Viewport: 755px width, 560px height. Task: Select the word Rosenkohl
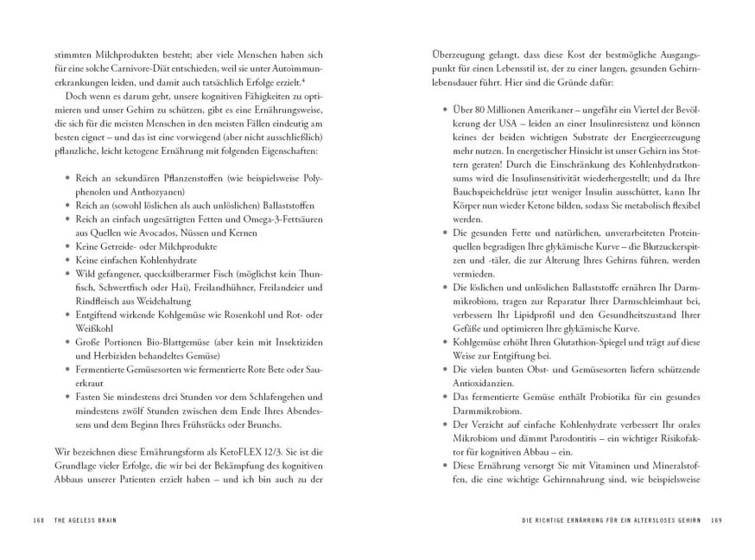231,314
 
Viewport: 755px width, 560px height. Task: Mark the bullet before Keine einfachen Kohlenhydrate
67,260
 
